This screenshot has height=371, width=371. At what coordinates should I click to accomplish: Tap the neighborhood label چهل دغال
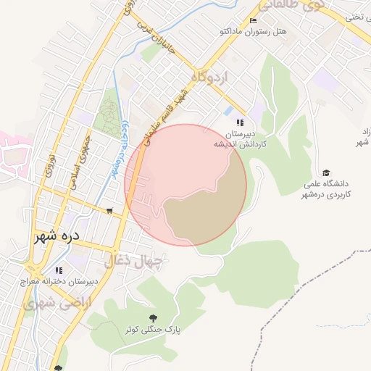click(137, 262)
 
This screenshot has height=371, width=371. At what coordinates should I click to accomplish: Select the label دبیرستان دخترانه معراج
click(54, 280)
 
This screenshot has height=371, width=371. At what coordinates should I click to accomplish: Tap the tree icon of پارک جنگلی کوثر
click(152, 318)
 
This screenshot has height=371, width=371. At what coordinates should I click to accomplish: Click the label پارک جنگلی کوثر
click(151, 330)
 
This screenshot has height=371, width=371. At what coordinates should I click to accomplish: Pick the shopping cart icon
click(109, 212)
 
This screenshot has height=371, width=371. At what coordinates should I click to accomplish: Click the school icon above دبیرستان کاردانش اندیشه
click(240, 123)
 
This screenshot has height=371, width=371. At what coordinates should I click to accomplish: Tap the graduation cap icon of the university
click(327, 172)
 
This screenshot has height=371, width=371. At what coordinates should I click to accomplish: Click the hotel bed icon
click(253, 20)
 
